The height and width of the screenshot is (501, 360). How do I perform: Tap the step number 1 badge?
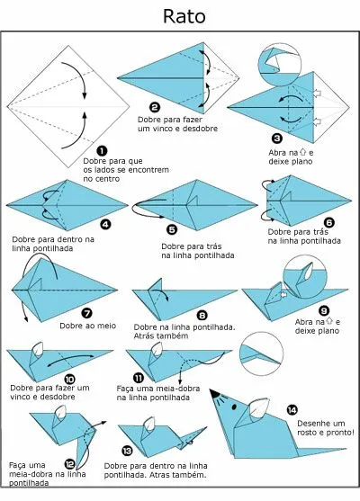[x=102, y=150]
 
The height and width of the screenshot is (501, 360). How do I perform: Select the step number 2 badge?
[x=155, y=107]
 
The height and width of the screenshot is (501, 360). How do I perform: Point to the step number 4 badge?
[x=105, y=223]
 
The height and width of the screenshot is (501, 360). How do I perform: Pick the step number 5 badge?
[x=172, y=229]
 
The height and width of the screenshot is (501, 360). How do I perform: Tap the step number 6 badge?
[x=329, y=222]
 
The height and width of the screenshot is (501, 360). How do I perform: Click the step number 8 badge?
[x=202, y=315]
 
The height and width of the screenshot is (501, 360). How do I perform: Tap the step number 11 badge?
[x=138, y=379]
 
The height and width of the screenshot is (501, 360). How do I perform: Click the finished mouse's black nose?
[x=212, y=392]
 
